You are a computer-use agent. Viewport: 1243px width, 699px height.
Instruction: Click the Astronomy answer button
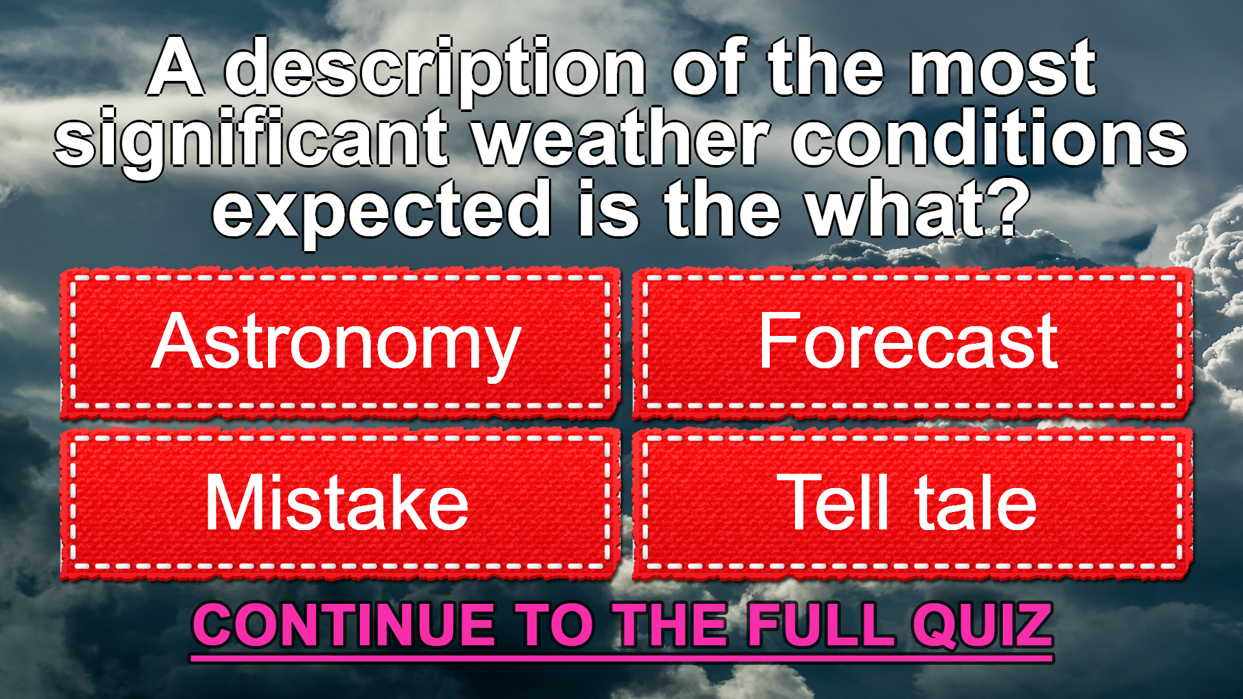coord(340,343)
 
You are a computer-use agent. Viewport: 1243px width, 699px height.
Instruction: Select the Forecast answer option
coord(912,343)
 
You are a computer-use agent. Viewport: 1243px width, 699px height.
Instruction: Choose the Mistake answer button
coord(340,504)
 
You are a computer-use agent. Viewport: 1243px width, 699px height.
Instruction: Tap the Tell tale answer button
coord(912,504)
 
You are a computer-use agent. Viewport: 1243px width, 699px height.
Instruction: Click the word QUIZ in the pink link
coord(982,625)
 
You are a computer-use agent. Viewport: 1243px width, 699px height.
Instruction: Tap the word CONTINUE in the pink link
coord(344,625)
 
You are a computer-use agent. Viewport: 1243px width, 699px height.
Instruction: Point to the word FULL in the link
coord(821,625)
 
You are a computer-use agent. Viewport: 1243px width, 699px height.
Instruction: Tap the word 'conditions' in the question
coord(990,137)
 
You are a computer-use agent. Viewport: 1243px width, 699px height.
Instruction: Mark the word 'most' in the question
coord(1002,70)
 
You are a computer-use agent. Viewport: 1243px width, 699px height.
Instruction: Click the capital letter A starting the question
coord(175,67)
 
